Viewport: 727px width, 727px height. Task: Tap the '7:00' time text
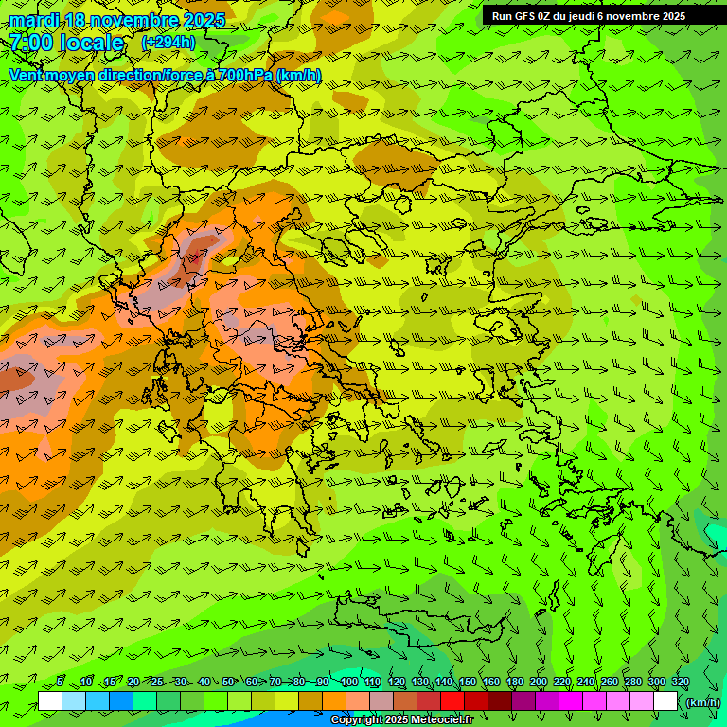(30, 43)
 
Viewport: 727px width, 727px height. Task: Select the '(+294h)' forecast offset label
(168, 43)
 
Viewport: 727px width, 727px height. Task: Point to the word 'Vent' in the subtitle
(27, 75)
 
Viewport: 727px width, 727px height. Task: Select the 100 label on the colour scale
(349, 683)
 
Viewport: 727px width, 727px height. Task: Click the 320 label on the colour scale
(680, 683)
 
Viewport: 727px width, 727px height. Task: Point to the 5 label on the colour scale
(60, 683)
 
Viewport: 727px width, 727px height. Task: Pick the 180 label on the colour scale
(514, 683)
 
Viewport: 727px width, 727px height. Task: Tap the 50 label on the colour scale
(228, 683)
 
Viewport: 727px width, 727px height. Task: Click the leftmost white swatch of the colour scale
(50, 701)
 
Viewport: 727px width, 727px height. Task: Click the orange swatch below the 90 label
(334, 701)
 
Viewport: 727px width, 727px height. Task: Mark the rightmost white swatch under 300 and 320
(665, 701)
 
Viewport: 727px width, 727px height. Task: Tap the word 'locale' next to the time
(93, 43)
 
